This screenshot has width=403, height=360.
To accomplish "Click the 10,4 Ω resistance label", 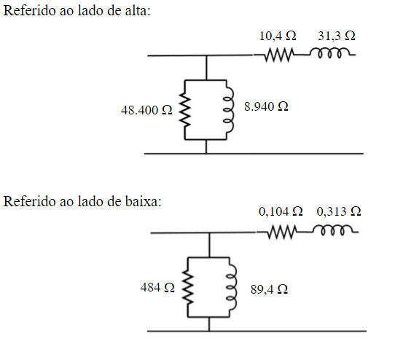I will [278, 36].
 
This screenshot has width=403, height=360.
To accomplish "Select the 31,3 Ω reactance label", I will [337, 36].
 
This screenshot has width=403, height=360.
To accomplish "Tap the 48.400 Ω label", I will [146, 111].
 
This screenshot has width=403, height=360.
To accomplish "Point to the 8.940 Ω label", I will [266, 106].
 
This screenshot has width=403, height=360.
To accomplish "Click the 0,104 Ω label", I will [281, 211].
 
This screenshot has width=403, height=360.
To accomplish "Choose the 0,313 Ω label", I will [339, 211].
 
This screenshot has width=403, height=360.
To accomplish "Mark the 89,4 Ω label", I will [268, 289].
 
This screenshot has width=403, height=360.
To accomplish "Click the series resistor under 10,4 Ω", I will [278, 55].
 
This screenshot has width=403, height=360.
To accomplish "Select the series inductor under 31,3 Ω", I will [332, 53].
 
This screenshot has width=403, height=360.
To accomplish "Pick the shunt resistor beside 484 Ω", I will [187, 288].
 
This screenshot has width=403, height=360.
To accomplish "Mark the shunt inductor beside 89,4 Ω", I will [231, 288].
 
